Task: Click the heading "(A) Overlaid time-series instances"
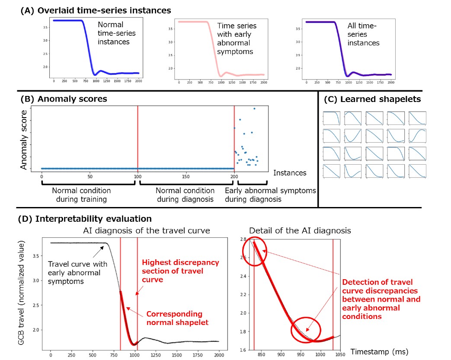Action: coord(96,10)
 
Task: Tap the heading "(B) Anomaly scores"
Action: coord(64,99)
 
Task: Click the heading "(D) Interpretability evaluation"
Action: coord(84,219)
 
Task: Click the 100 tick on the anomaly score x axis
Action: coord(138,176)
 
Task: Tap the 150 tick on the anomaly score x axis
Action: coord(186,176)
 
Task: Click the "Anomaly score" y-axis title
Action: coord(25,140)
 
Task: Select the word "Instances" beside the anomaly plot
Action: coord(290,173)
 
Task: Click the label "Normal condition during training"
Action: coord(81,194)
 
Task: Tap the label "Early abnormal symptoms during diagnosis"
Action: coord(270,194)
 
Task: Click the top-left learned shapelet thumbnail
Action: coord(332,118)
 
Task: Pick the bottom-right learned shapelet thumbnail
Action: coord(417,171)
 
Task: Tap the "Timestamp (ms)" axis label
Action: coord(379,351)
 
